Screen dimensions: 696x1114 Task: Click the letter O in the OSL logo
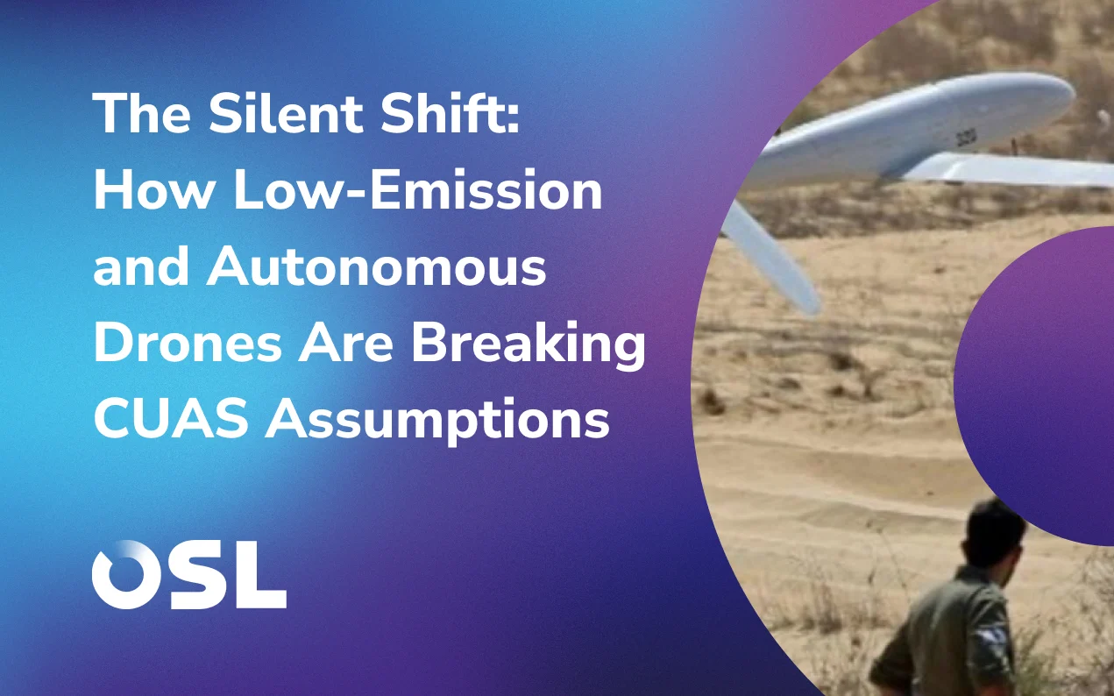[124, 574]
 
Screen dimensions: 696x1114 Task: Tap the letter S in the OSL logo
[195, 574]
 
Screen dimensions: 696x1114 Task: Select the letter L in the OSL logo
[260, 574]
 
